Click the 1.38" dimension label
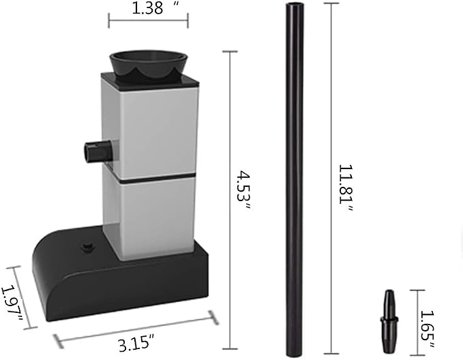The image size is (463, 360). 155,8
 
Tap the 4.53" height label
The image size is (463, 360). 243,190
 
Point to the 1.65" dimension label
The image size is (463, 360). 428,329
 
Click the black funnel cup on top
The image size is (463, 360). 148,65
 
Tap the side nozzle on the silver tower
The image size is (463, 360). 98,151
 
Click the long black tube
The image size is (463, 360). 295,180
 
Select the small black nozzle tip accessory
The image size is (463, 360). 389,322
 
